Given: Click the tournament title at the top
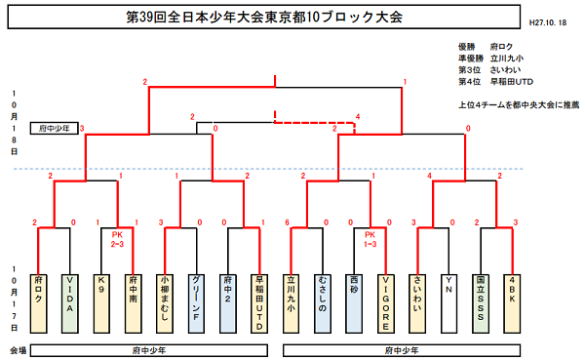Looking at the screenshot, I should point(264,19).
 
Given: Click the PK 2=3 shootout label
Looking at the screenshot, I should point(118,240).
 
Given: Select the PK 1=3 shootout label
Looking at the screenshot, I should point(370,240).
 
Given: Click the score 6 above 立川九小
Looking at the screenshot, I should point(288,223).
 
